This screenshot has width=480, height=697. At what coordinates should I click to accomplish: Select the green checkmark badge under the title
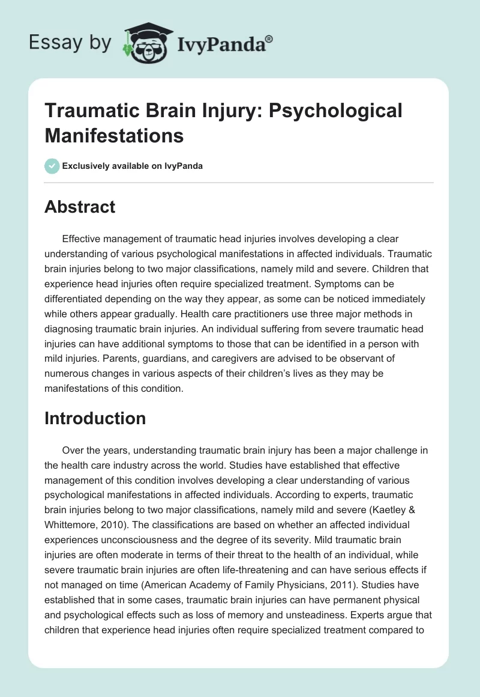52,166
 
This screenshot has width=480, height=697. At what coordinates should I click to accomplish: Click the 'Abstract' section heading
79,207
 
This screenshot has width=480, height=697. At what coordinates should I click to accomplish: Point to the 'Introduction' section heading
95,418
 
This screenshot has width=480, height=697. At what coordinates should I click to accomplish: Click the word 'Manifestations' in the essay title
113,135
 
